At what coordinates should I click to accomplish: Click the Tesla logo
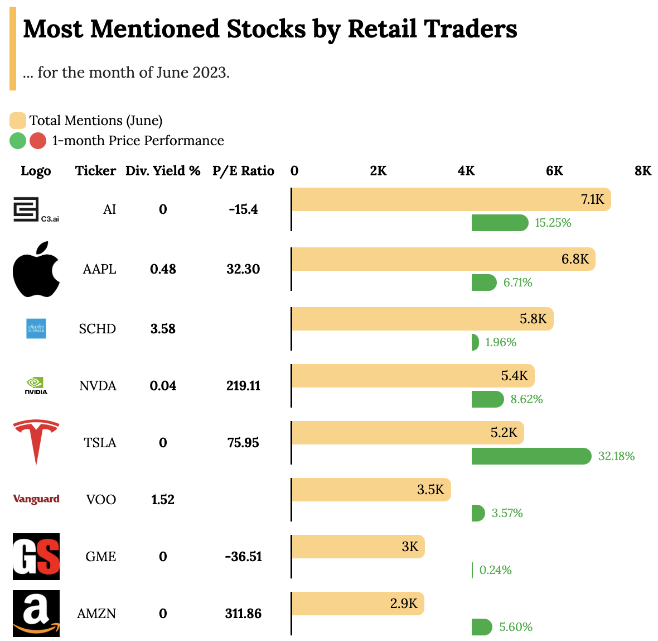[36, 442]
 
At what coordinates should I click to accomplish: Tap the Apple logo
[36, 269]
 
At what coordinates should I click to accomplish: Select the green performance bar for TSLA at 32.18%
[531, 456]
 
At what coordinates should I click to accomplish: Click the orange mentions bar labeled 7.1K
[451, 199]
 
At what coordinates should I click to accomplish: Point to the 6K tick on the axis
[554, 171]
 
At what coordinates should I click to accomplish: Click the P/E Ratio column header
[243, 171]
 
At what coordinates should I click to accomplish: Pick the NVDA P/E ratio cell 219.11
[243, 386]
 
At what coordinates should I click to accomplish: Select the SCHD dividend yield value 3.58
[163, 329]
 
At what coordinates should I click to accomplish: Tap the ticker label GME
[101, 557]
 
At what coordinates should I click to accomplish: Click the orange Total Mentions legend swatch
[18, 121]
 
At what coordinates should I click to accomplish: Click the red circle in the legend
[38, 141]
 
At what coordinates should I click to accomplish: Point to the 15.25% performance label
[553, 223]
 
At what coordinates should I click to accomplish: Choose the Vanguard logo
[36, 499]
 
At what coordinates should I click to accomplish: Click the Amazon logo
[36, 613]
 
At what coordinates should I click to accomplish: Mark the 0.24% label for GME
[495, 570]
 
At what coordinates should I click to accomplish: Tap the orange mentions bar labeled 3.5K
[371, 490]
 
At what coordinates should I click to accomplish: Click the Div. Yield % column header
[163, 171]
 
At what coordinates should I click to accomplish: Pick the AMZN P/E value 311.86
[243, 614]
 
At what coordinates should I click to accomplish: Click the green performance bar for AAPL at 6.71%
[483, 283]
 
